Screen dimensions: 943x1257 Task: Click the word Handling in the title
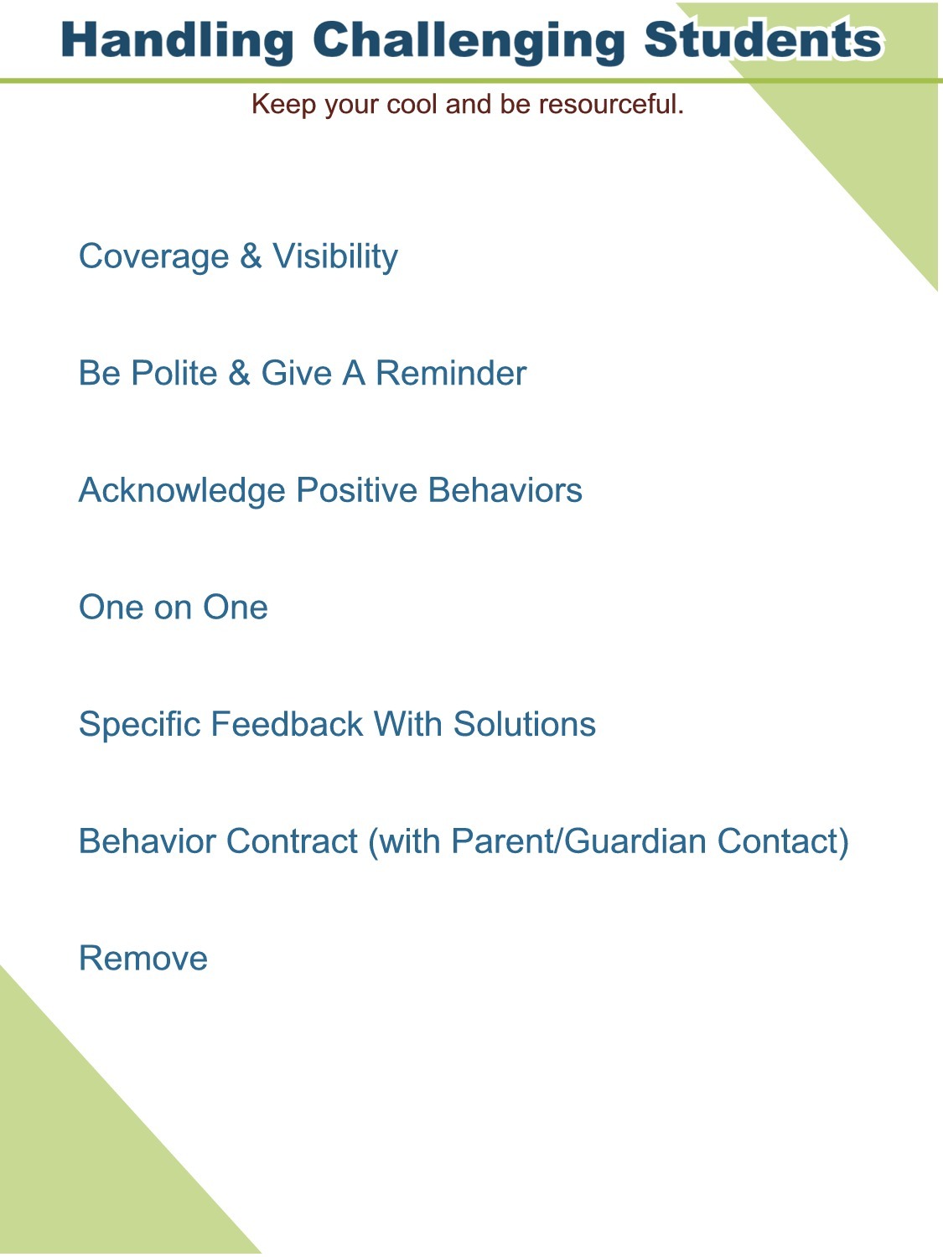tap(177, 40)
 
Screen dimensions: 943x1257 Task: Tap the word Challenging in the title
tap(469, 40)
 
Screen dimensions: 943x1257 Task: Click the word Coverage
tap(154, 256)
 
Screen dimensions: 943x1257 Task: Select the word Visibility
tap(335, 256)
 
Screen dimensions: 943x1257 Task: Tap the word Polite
tap(174, 374)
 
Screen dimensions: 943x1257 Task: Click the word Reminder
tap(451, 374)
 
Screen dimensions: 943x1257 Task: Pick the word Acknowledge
tap(182, 491)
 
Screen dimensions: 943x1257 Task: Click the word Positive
tap(356, 490)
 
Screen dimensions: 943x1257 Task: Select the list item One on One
tap(173, 607)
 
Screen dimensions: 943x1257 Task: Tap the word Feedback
tap(287, 724)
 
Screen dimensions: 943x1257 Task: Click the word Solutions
tap(524, 724)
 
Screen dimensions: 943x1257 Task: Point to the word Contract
tap(292, 841)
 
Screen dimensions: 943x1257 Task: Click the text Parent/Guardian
tap(578, 841)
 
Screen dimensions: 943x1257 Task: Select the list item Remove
tap(143, 959)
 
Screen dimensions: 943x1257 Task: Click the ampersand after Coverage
tap(251, 256)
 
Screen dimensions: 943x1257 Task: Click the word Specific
tap(140, 724)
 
